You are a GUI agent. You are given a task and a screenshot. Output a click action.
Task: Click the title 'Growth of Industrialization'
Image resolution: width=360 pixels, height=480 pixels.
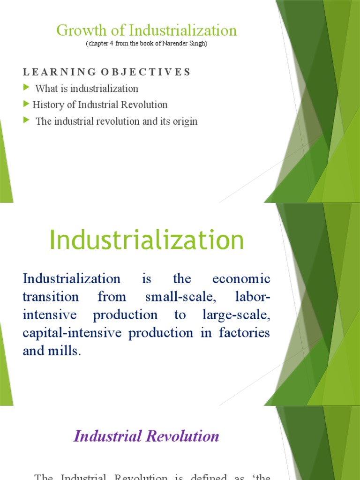pyautogui.click(x=146, y=30)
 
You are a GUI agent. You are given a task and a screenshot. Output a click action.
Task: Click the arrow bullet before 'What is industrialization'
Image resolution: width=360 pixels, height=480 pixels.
pyautogui.click(x=26, y=88)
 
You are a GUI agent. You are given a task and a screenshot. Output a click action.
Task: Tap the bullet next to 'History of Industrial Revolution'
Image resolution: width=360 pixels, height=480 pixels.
pyautogui.click(x=26, y=104)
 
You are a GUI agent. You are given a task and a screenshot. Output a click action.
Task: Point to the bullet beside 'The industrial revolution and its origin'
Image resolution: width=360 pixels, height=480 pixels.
pyautogui.click(x=26, y=120)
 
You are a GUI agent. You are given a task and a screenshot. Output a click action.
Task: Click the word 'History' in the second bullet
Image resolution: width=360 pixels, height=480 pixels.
pyautogui.click(x=47, y=105)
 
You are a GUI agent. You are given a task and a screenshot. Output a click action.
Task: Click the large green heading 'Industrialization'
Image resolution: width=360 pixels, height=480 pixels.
pyautogui.click(x=147, y=240)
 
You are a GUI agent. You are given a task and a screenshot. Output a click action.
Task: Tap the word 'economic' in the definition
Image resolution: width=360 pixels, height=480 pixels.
pyautogui.click(x=241, y=279)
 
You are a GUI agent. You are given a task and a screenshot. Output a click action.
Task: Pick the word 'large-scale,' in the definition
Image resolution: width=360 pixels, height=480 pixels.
pyautogui.click(x=236, y=315)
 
